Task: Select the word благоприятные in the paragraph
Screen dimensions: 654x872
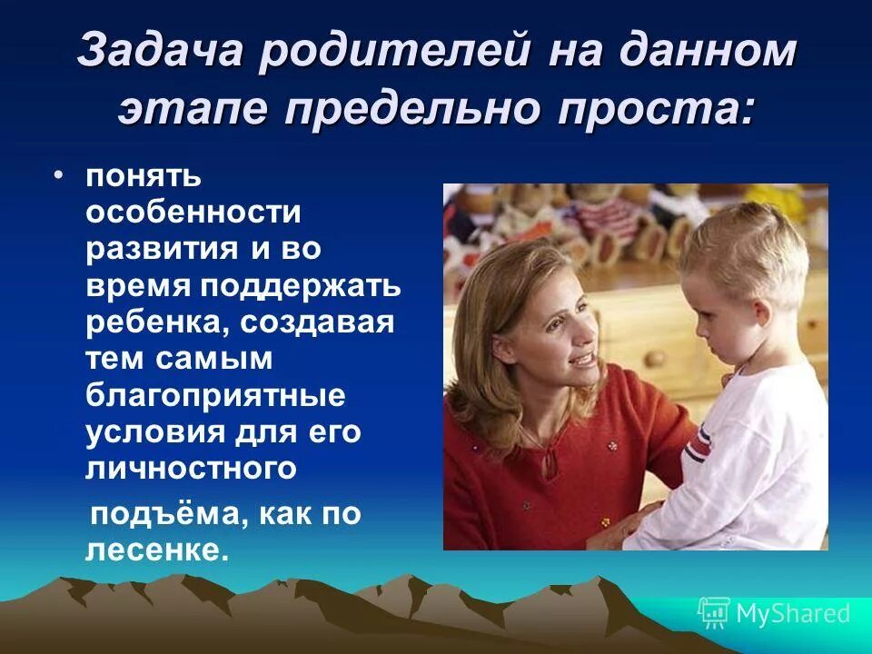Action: pos(216,396)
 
